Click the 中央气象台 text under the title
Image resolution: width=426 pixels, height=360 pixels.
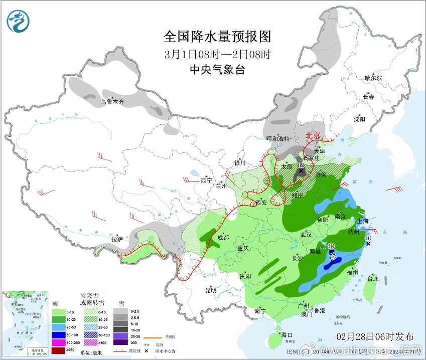coord(217,70)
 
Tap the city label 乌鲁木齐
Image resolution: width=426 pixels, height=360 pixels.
coord(111,102)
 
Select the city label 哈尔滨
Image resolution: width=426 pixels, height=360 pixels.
coord(373,78)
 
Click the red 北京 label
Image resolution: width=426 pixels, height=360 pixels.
coord(313,135)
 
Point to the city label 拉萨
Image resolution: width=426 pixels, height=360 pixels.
coord(117,240)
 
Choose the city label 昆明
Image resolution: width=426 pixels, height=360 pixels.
coord(210,290)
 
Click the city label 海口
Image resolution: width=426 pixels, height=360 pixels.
coord(287,334)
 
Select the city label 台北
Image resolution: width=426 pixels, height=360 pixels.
coord(372,278)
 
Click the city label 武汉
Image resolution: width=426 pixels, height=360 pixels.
coord(306,234)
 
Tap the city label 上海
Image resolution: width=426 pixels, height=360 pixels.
coord(362,220)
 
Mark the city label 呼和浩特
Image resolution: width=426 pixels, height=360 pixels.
coord(278,139)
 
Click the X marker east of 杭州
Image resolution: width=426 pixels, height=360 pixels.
coord(368,244)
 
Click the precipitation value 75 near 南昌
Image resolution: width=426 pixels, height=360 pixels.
coord(332,256)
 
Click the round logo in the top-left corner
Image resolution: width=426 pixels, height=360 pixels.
coord(18,21)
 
